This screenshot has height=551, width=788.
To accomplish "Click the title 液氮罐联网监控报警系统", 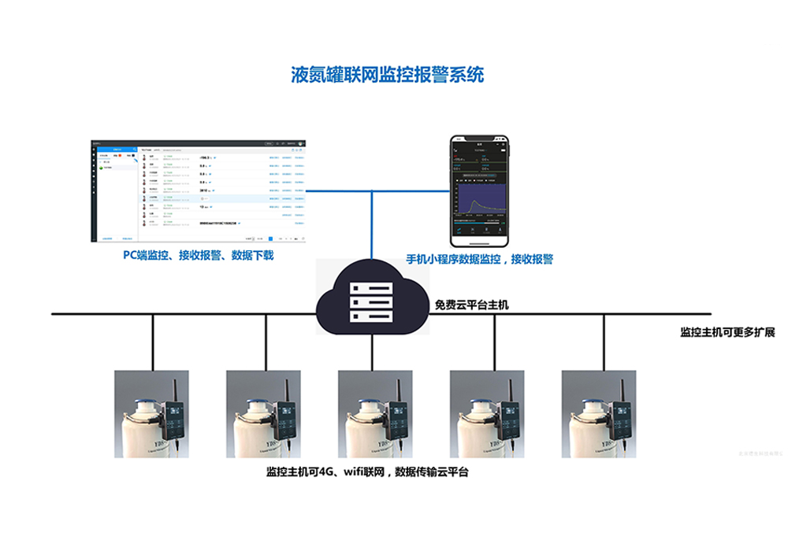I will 388,76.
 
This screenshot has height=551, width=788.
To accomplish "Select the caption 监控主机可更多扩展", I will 727,332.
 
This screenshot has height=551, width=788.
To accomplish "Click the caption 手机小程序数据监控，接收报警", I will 479,259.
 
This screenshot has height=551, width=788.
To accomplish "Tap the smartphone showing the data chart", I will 481,190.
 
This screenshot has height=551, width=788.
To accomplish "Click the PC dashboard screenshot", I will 199,190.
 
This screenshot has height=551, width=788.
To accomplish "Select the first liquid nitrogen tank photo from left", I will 152,414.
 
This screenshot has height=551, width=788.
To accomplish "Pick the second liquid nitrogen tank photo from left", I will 264,414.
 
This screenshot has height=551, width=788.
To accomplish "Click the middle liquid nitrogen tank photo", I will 376,414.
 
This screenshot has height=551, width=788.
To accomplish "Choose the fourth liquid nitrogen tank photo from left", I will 487,414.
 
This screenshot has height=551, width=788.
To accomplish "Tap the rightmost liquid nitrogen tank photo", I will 599,414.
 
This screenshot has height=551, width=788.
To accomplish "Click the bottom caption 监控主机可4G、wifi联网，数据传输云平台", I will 367,472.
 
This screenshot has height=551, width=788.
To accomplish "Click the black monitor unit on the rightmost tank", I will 620,420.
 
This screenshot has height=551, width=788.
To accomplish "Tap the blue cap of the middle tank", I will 364,405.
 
